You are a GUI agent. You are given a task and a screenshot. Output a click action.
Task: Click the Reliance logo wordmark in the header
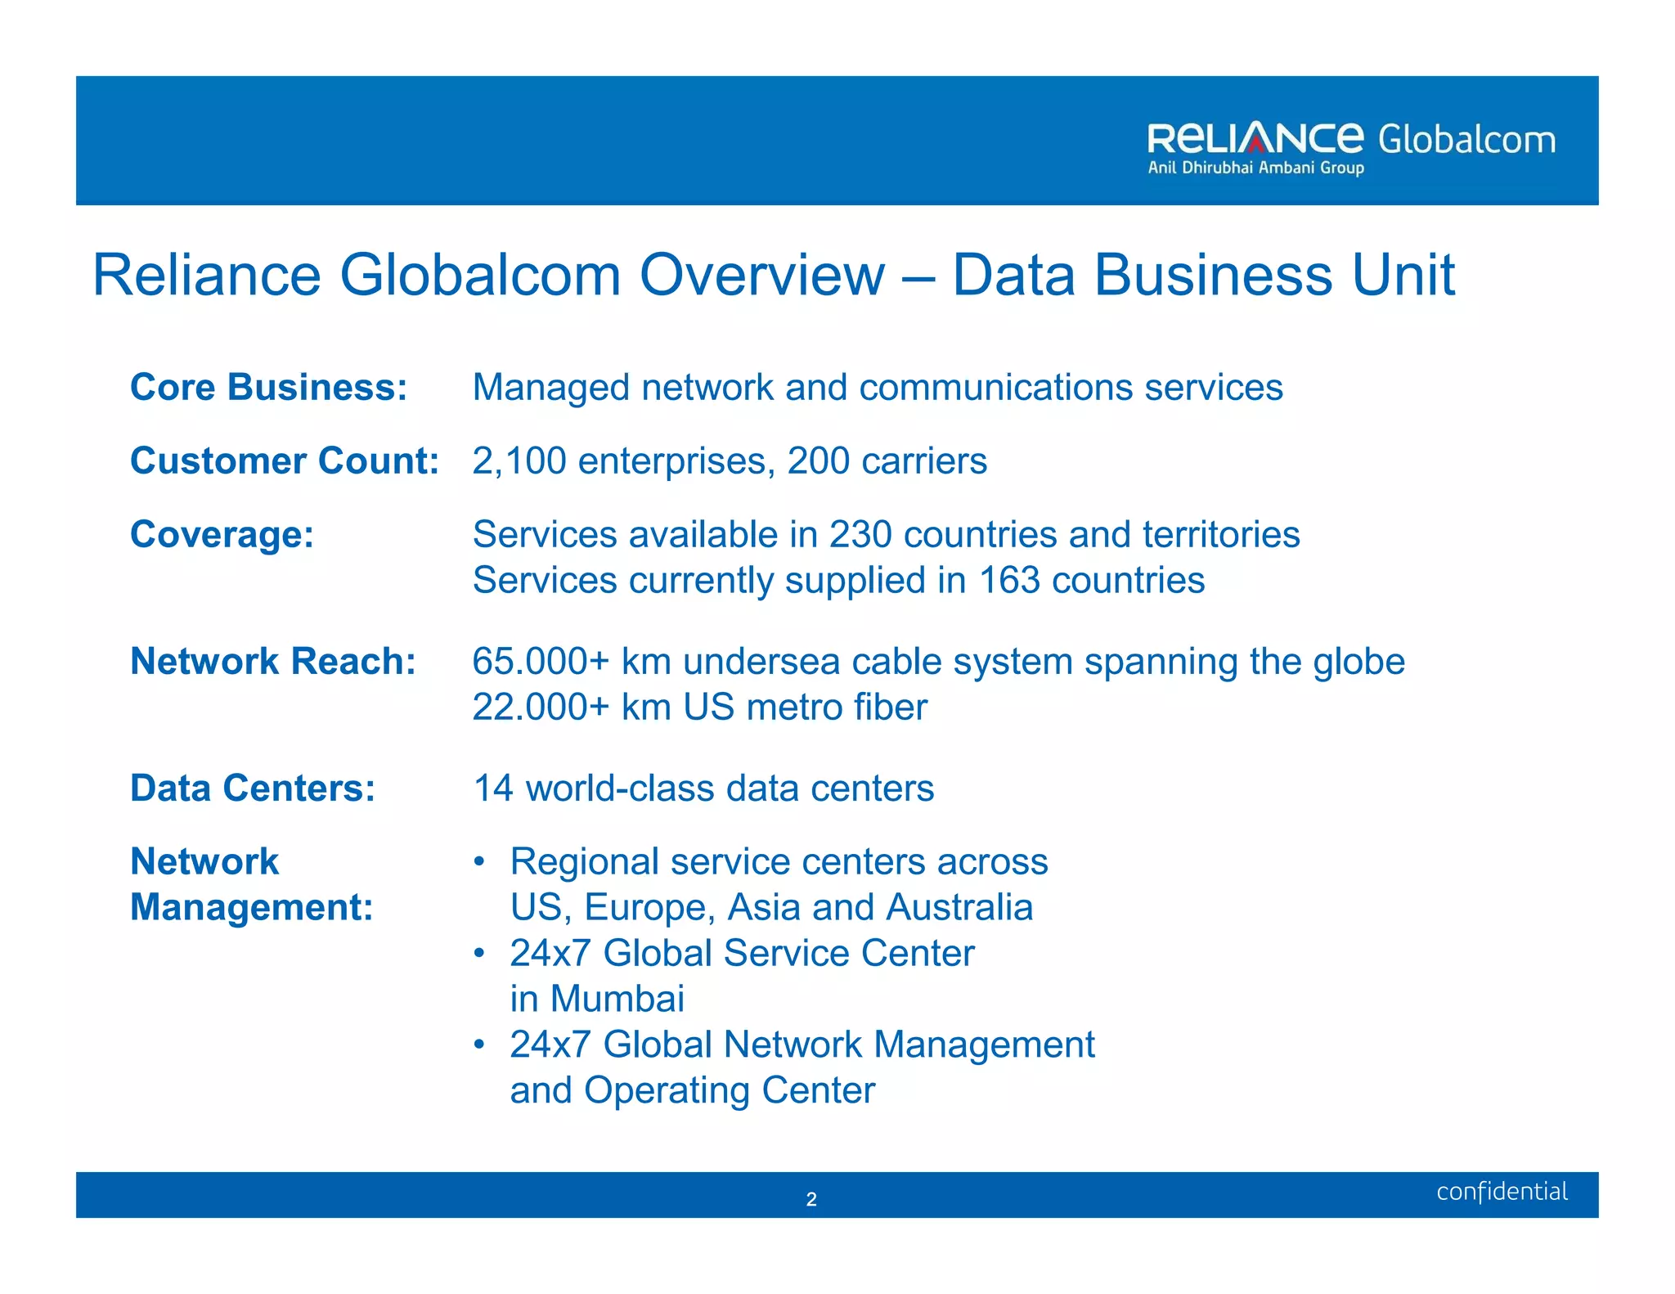[1255, 139]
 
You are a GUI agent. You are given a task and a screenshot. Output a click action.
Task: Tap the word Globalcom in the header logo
[1466, 140]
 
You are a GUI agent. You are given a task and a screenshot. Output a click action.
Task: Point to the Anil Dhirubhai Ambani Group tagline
[1255, 168]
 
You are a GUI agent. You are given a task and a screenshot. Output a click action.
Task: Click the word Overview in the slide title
[761, 275]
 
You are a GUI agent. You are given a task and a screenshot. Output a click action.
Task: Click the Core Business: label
[268, 387]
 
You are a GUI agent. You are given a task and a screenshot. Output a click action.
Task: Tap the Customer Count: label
[285, 461]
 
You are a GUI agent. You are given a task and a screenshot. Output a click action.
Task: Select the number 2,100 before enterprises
[519, 461]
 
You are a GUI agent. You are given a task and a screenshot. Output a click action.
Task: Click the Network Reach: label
[273, 661]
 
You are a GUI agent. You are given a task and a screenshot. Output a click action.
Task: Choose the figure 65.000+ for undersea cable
[541, 661]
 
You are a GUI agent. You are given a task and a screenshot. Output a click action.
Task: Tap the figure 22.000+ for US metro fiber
[541, 707]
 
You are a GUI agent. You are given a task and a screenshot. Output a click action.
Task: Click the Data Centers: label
[253, 788]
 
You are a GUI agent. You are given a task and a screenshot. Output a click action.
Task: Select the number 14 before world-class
[493, 788]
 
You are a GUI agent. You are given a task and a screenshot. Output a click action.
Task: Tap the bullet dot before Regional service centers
[480, 862]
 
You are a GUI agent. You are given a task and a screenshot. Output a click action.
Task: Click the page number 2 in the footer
[811, 1199]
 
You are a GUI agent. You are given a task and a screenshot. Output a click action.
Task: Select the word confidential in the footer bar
[1502, 1192]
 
